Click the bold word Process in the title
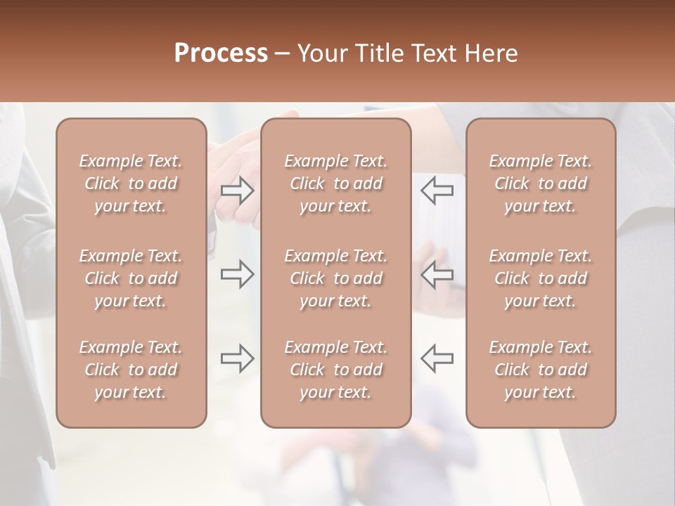221,53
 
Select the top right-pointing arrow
238,190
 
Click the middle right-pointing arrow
238,273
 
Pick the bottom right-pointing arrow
238,358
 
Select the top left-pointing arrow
437,190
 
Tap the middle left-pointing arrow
437,273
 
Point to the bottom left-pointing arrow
437,358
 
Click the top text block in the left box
131,183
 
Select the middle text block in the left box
131,278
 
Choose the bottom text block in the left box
131,370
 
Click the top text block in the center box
335,183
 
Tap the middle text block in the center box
335,278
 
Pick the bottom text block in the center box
335,370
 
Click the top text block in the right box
540,183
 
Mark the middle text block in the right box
540,278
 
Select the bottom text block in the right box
540,370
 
